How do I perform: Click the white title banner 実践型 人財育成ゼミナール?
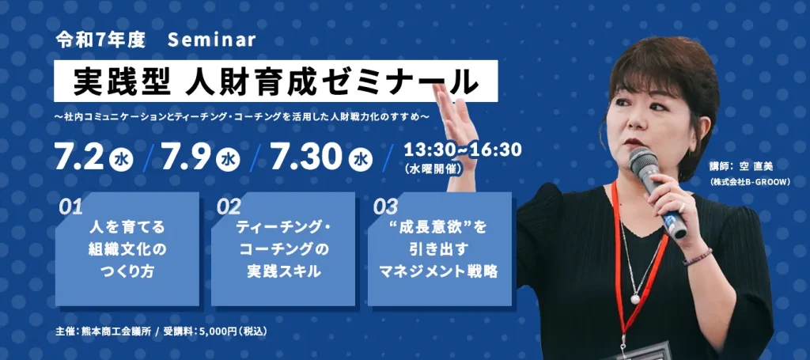(x=276, y=81)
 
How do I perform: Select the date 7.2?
(x=80, y=158)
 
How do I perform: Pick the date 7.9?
(x=186, y=158)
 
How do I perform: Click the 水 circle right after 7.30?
(x=360, y=159)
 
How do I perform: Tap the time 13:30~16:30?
(x=462, y=150)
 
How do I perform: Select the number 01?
(x=70, y=207)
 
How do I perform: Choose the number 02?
(x=229, y=207)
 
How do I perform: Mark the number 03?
(x=385, y=207)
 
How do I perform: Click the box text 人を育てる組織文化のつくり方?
(x=127, y=249)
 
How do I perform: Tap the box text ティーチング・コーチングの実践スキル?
(x=283, y=249)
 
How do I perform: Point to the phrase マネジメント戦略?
(x=438, y=272)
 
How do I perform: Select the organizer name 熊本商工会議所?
(x=114, y=331)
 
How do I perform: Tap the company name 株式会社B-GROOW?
(x=753, y=181)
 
